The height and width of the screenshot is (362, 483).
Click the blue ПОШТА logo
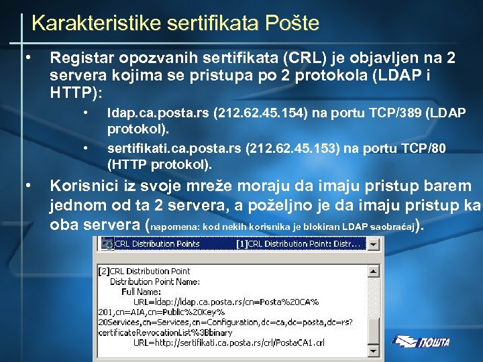(422, 342)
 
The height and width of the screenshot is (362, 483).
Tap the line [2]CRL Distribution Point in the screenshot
(144, 271)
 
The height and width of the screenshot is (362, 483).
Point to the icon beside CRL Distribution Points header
(107, 244)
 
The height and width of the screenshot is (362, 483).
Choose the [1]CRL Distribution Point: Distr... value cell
(298, 244)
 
